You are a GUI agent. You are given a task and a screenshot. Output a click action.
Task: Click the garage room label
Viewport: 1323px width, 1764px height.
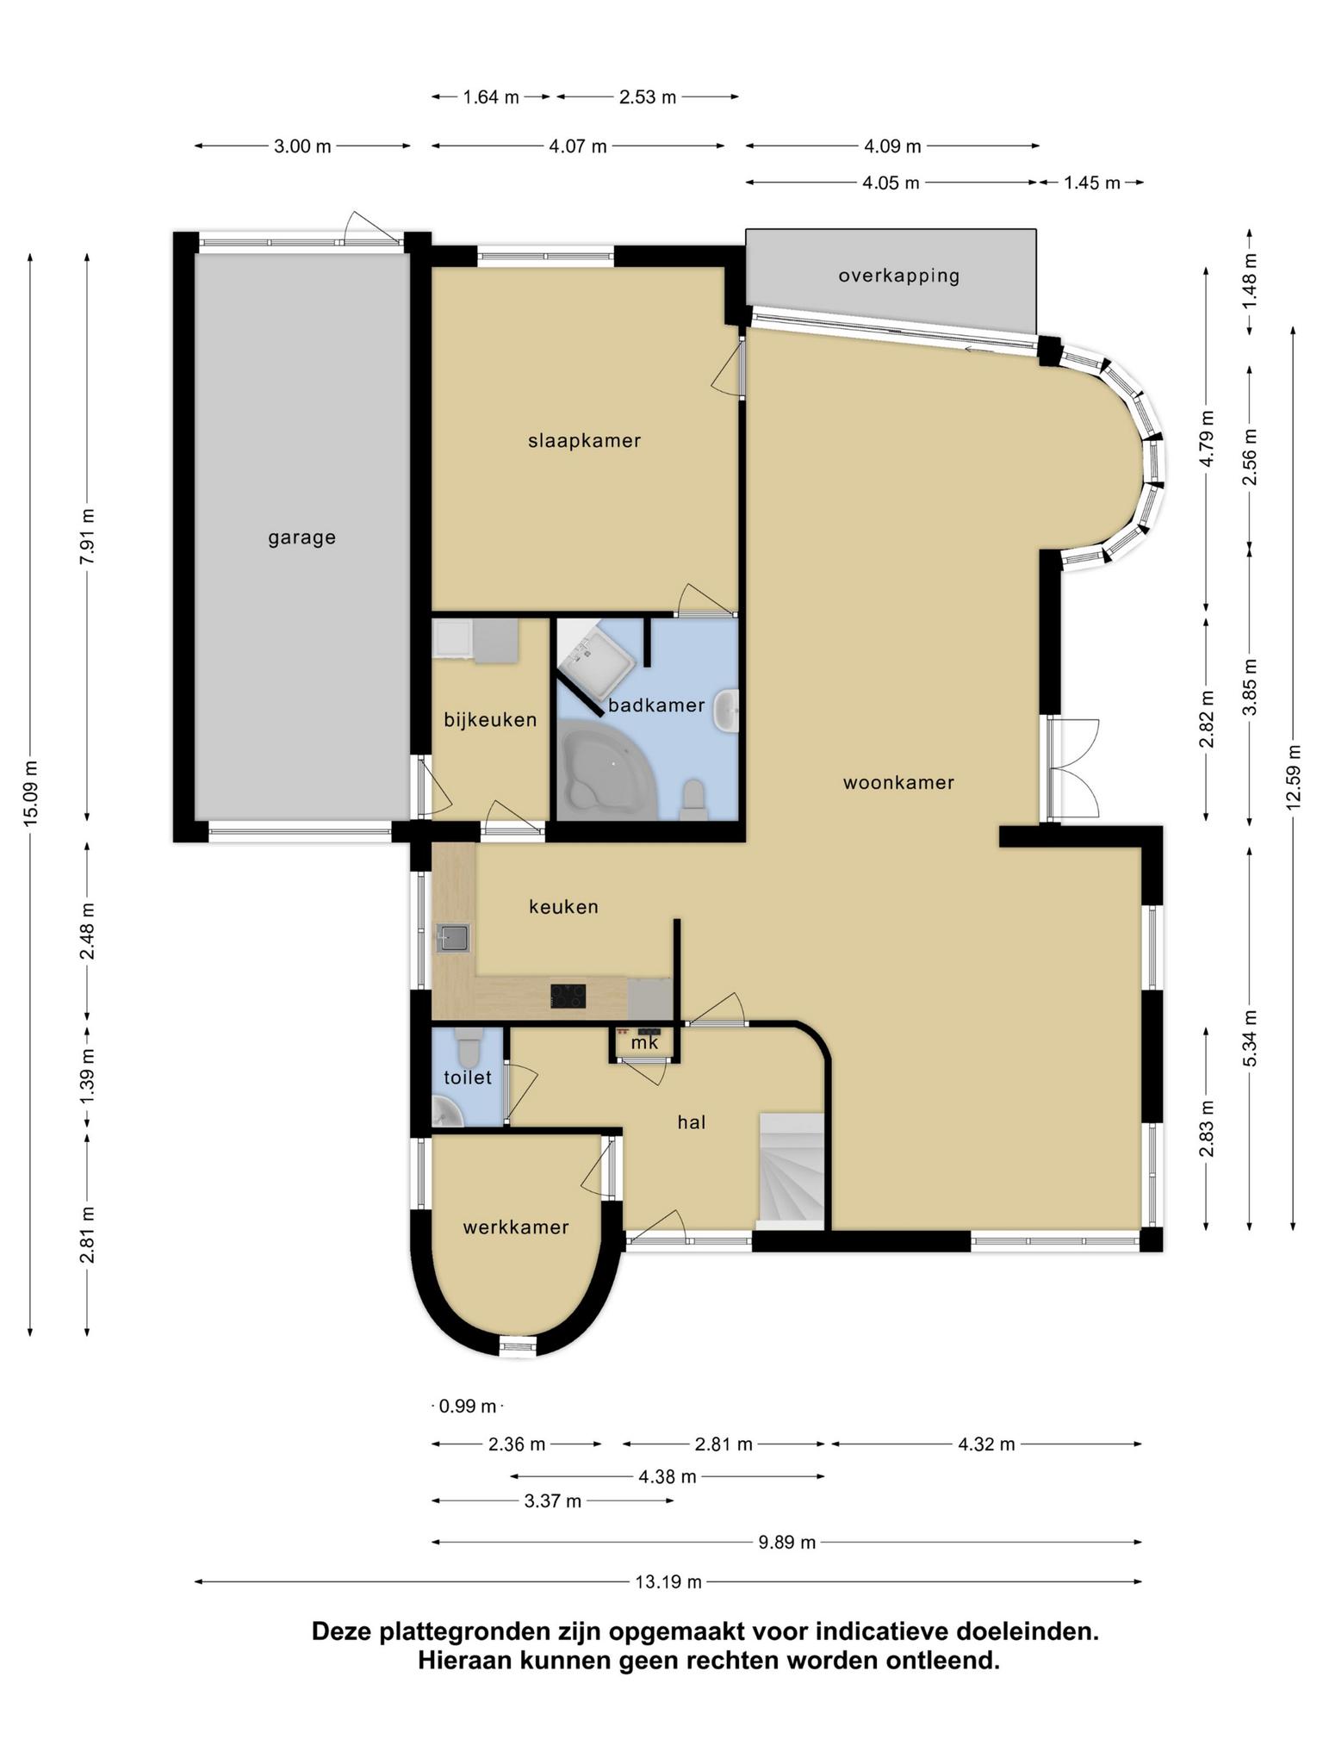301,538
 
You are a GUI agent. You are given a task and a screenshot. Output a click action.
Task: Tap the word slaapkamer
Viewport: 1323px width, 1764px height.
585,441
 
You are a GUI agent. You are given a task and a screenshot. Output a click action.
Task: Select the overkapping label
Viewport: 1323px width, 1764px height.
899,276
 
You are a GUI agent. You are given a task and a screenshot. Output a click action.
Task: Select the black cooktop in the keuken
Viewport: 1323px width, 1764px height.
568,997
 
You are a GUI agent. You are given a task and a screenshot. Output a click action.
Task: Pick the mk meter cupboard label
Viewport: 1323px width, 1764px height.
644,1043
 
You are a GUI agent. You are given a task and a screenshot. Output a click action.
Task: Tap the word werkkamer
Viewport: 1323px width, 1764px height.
516,1227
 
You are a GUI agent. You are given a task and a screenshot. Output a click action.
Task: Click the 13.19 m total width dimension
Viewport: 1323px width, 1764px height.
668,1581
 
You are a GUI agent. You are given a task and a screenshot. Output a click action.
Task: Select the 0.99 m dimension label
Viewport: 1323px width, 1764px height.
468,1407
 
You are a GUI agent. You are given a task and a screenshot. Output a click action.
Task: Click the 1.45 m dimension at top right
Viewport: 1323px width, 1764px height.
1092,183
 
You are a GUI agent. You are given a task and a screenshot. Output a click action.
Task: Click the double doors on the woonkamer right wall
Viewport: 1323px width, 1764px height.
1073,768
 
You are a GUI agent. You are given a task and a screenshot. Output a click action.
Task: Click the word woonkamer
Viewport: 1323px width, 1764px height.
899,783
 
